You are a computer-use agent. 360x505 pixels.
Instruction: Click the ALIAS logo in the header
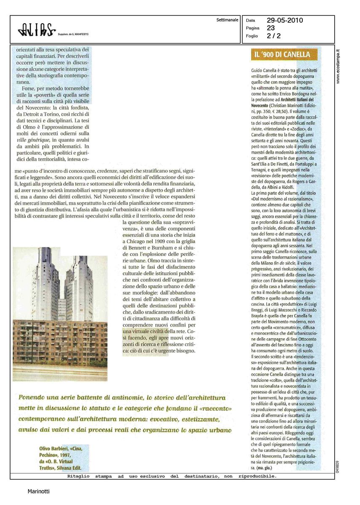pyautogui.click(x=37, y=29)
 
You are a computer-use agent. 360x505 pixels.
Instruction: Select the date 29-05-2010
pyautogui.click(x=285, y=20)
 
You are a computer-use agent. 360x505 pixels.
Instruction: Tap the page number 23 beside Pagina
pyautogui.click(x=271, y=28)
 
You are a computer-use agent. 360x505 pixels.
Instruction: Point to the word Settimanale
pyautogui.click(x=227, y=20)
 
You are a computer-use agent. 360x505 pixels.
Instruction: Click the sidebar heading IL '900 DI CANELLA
pyautogui.click(x=282, y=55)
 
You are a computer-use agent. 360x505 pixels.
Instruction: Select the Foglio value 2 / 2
pyautogui.click(x=273, y=36)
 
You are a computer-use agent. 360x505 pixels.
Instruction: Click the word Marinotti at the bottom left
pyautogui.click(x=38, y=491)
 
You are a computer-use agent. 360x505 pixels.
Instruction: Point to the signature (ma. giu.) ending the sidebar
pyautogui.click(x=266, y=468)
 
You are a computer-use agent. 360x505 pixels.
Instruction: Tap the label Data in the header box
pyautogui.click(x=251, y=20)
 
